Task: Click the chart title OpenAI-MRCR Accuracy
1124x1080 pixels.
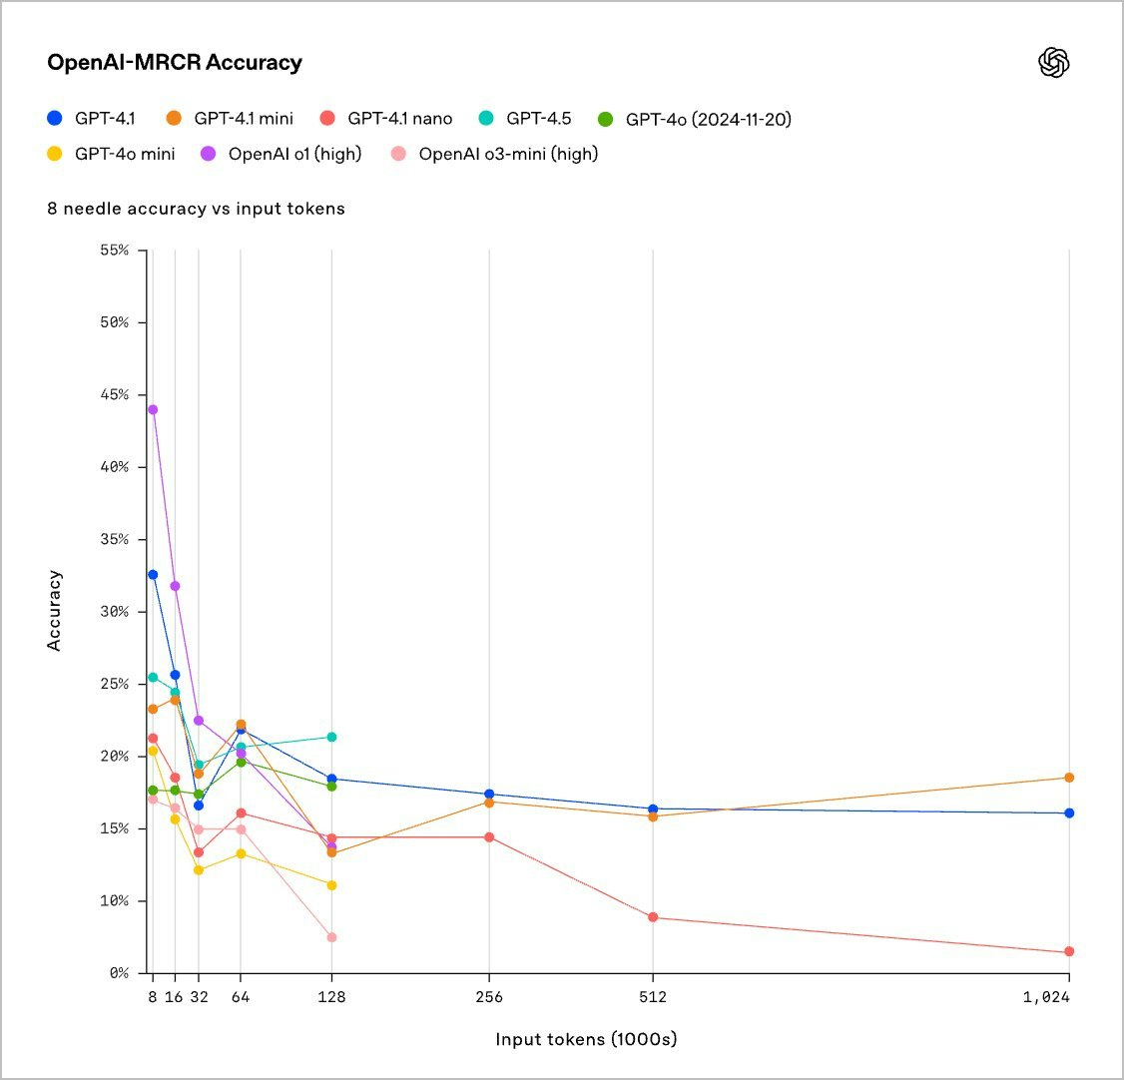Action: click(x=175, y=63)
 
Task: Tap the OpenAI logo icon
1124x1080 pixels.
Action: click(x=1054, y=63)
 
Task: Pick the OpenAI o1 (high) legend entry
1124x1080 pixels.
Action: click(x=283, y=154)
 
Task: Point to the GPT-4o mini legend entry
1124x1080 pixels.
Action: click(x=113, y=154)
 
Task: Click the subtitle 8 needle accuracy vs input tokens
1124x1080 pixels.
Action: click(x=196, y=210)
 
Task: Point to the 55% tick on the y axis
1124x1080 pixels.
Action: click(x=114, y=250)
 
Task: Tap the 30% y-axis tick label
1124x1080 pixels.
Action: click(x=114, y=612)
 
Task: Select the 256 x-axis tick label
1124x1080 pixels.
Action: click(x=489, y=996)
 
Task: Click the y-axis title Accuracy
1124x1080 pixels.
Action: click(x=55, y=610)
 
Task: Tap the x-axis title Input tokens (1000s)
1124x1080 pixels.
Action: click(x=586, y=1039)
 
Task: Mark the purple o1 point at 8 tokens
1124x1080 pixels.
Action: click(x=153, y=409)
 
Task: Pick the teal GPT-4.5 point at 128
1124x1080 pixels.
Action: click(x=331, y=737)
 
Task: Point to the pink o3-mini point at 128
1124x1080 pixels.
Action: click(x=331, y=937)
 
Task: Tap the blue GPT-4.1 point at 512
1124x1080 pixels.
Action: click(x=653, y=809)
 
